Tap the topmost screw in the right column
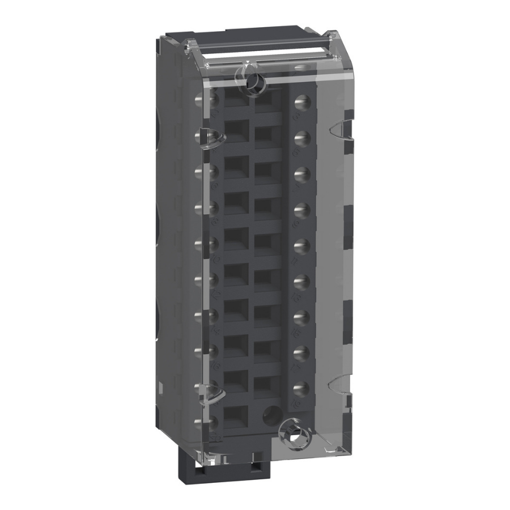tap(301, 101)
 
